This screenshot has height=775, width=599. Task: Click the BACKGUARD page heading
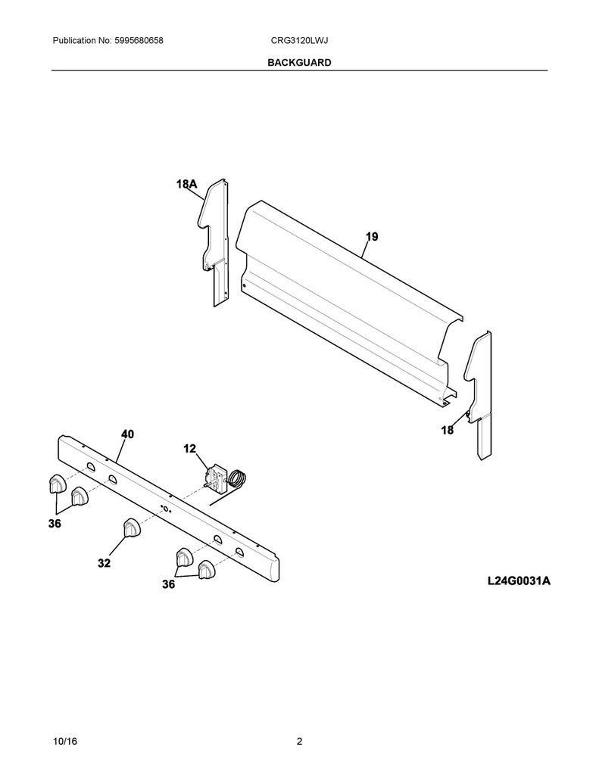(299, 63)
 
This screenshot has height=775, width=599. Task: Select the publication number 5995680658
(139, 41)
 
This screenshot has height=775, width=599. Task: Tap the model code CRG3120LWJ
(299, 41)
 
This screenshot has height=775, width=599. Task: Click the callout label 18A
(186, 184)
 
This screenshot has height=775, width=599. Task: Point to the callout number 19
(372, 237)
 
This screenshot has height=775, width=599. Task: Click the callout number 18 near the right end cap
(447, 430)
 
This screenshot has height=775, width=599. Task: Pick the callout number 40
(128, 434)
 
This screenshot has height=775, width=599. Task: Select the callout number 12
(189, 449)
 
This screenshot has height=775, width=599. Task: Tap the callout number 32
(104, 563)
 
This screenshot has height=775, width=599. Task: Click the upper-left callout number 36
(55, 524)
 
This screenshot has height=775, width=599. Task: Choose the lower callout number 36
(169, 584)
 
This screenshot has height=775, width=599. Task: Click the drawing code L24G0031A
(519, 580)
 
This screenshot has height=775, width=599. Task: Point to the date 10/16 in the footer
(65, 742)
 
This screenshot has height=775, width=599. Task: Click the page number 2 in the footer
(299, 742)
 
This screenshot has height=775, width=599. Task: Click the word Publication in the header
(74, 41)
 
